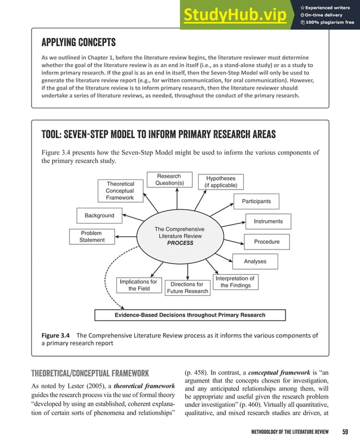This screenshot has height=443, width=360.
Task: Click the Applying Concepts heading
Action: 78,43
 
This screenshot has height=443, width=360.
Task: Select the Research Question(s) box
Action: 169,180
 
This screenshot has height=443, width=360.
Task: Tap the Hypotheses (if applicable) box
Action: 221,182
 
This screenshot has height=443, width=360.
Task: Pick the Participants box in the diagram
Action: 256,201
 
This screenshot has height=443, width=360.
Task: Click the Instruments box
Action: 268,221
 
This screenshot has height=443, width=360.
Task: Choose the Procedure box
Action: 267,242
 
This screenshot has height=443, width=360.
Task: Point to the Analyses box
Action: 255,261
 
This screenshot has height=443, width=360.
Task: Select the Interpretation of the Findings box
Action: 235,282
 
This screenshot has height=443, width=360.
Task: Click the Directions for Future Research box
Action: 187,288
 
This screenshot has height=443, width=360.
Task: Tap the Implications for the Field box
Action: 138,285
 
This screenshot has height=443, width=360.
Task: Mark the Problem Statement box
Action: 91,236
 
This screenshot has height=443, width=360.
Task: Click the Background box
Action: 99,216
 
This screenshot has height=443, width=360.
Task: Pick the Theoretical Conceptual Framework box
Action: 120,191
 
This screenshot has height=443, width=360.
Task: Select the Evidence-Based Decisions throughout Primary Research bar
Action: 190,315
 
